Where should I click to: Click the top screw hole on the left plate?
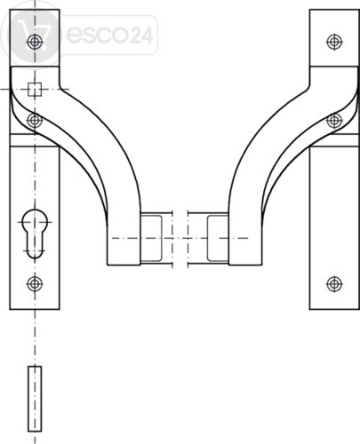35,42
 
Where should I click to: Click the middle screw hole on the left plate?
35,121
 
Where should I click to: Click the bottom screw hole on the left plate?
35,284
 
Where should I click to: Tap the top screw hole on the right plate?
334,42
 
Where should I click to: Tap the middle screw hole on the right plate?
334,121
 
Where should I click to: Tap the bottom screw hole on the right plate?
334,284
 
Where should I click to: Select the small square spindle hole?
35,90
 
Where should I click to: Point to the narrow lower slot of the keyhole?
35,246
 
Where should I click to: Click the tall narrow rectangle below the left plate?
35,399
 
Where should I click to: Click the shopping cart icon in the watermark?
33,35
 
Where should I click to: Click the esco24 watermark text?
109,35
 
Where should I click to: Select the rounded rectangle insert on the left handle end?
151,238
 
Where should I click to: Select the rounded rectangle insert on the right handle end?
218,238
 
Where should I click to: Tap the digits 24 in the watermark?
142,36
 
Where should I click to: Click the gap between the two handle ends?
180,238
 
